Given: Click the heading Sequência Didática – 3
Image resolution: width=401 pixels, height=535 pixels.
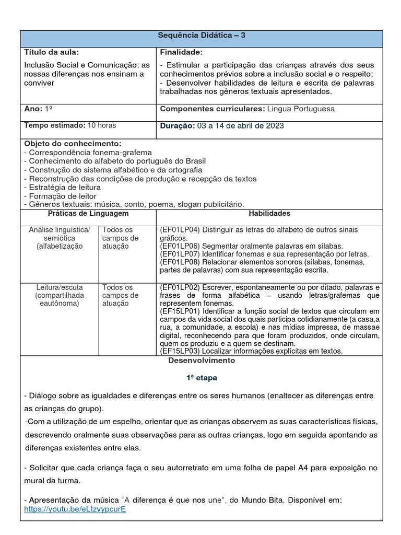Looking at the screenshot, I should pyautogui.click(x=201, y=36).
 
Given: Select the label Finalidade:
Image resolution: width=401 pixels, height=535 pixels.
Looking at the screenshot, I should pyautogui.click(x=181, y=52).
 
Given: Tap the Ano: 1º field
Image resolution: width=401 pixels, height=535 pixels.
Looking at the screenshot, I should pyautogui.click(x=39, y=109).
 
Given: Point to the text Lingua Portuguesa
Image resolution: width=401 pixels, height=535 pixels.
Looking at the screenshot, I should pyautogui.click(x=300, y=109).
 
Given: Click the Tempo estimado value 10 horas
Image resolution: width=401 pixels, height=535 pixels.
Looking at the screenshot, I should pyautogui.click(x=102, y=125).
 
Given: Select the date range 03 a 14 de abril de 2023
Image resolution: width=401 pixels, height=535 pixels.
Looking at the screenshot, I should pyautogui.click(x=241, y=126).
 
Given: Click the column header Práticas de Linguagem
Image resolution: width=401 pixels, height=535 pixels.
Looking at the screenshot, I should pyautogui.click(x=88, y=214).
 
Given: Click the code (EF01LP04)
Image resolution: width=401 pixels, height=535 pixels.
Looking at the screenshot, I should pyautogui.click(x=178, y=230).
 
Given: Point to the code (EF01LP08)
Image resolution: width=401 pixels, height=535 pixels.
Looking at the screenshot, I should pyautogui.click(x=178, y=262).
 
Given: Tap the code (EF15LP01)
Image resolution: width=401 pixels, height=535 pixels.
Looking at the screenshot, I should pyautogui.click(x=178, y=311).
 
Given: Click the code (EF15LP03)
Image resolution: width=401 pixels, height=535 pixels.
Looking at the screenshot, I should pyautogui.click(x=178, y=351).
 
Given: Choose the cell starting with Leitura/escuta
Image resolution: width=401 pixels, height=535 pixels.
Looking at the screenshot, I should pyautogui.click(x=60, y=295).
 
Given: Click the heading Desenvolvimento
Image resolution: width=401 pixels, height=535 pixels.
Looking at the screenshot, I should pyautogui.click(x=201, y=360).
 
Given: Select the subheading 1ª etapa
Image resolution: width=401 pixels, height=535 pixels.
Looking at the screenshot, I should pyautogui.click(x=201, y=377).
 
